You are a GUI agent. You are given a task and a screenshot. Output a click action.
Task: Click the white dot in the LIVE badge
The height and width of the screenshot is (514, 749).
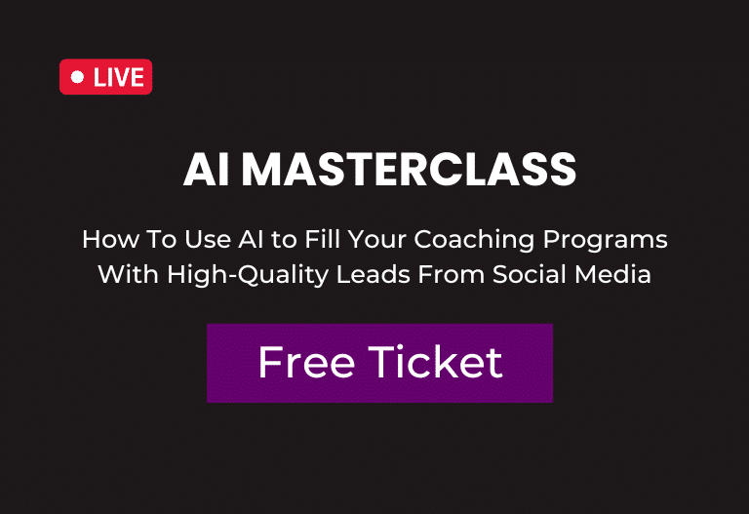tap(77, 77)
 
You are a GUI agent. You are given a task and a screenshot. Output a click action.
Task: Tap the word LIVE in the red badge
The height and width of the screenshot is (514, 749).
tap(118, 77)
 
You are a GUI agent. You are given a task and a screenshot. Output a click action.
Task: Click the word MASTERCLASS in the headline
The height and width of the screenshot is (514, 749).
tap(409, 169)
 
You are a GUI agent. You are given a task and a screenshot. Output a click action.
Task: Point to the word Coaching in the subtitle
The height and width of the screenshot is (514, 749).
tap(474, 240)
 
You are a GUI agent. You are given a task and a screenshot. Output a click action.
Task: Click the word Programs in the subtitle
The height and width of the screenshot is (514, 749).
tap(606, 240)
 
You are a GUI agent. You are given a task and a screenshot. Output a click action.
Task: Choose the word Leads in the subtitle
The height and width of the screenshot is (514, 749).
tap(374, 274)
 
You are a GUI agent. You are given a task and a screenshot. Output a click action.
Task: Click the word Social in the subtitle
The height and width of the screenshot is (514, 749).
tap(530, 274)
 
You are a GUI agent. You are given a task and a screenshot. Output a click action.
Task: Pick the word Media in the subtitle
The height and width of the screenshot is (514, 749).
tap(612, 274)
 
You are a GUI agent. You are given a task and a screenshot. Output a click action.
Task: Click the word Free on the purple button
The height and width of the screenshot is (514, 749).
tap(306, 363)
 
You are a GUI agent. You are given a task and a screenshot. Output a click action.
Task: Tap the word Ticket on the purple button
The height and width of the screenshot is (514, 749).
tap(435, 363)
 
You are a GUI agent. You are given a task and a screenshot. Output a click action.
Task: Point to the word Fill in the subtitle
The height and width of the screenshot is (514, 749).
tap(322, 239)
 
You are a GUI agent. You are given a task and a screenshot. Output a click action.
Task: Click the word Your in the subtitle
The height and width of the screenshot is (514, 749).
tap(376, 239)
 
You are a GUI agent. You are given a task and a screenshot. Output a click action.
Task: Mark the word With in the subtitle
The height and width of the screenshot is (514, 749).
tap(128, 274)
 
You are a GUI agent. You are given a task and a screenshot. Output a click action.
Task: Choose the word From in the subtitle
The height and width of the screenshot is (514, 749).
tap(451, 274)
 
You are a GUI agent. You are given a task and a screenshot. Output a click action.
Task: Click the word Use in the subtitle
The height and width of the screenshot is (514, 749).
tap(208, 239)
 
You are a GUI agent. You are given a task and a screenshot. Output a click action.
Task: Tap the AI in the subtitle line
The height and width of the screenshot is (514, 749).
tap(252, 239)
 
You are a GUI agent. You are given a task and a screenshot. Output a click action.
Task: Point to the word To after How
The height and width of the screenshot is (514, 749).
tap(162, 239)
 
